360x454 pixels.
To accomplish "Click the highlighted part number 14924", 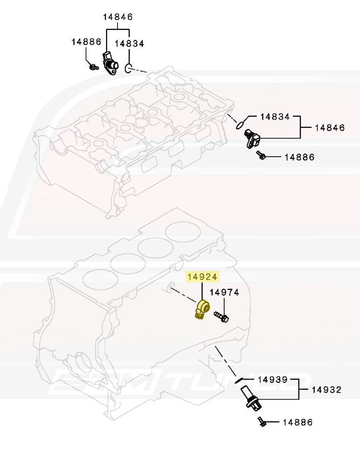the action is tap(202, 277).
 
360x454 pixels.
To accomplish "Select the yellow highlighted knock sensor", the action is tap(202, 309).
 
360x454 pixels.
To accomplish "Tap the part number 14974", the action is tap(224, 293).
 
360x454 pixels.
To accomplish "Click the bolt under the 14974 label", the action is tap(221, 317).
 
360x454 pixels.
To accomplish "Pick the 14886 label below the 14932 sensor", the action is tap(298, 422).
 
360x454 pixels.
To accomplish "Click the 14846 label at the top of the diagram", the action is tap(118, 17).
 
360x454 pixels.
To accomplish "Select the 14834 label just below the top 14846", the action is tap(129, 43).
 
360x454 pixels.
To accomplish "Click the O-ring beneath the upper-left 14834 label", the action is tap(129, 68).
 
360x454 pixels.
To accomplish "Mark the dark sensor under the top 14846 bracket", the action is tap(110, 63).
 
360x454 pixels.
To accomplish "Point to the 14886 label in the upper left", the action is tap(86, 42).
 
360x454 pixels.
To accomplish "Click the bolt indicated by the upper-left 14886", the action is tap(94, 67).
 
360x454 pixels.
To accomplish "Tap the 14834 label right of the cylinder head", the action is tap(275, 117).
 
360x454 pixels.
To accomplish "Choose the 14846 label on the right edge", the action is tap(330, 128).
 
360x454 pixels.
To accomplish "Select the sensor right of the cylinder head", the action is tap(252, 138).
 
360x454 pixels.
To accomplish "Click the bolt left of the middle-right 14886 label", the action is tap(261, 155).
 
